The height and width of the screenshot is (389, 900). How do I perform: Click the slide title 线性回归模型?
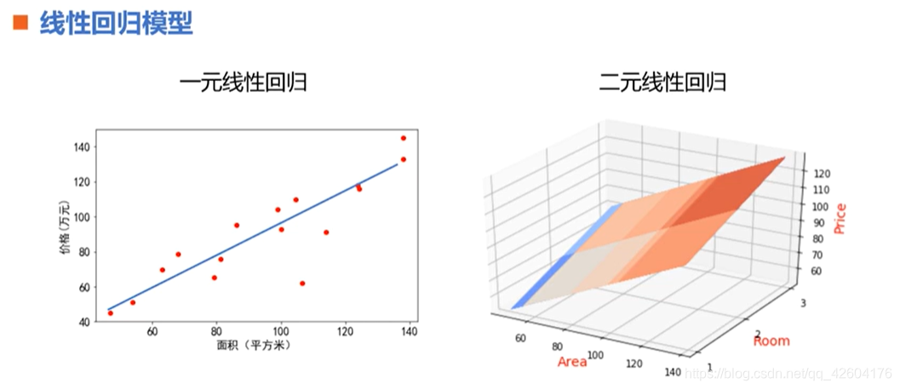click(116, 23)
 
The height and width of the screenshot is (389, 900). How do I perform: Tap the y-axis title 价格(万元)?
click(63, 226)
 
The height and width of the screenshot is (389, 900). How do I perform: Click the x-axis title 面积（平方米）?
click(252, 345)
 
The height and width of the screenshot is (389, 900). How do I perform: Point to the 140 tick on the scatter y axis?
click(83, 147)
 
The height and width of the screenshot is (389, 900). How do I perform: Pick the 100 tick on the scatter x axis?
click(280, 332)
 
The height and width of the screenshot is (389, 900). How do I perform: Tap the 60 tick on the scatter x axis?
click(152, 332)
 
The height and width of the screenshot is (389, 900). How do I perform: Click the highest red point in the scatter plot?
click(404, 138)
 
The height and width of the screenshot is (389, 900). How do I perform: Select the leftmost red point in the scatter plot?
click(110, 313)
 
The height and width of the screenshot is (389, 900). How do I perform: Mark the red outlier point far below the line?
click(302, 283)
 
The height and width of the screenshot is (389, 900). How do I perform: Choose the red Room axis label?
click(771, 341)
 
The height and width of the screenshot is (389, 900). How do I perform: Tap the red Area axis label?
click(572, 363)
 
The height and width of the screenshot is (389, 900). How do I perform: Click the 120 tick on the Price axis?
click(822, 174)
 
